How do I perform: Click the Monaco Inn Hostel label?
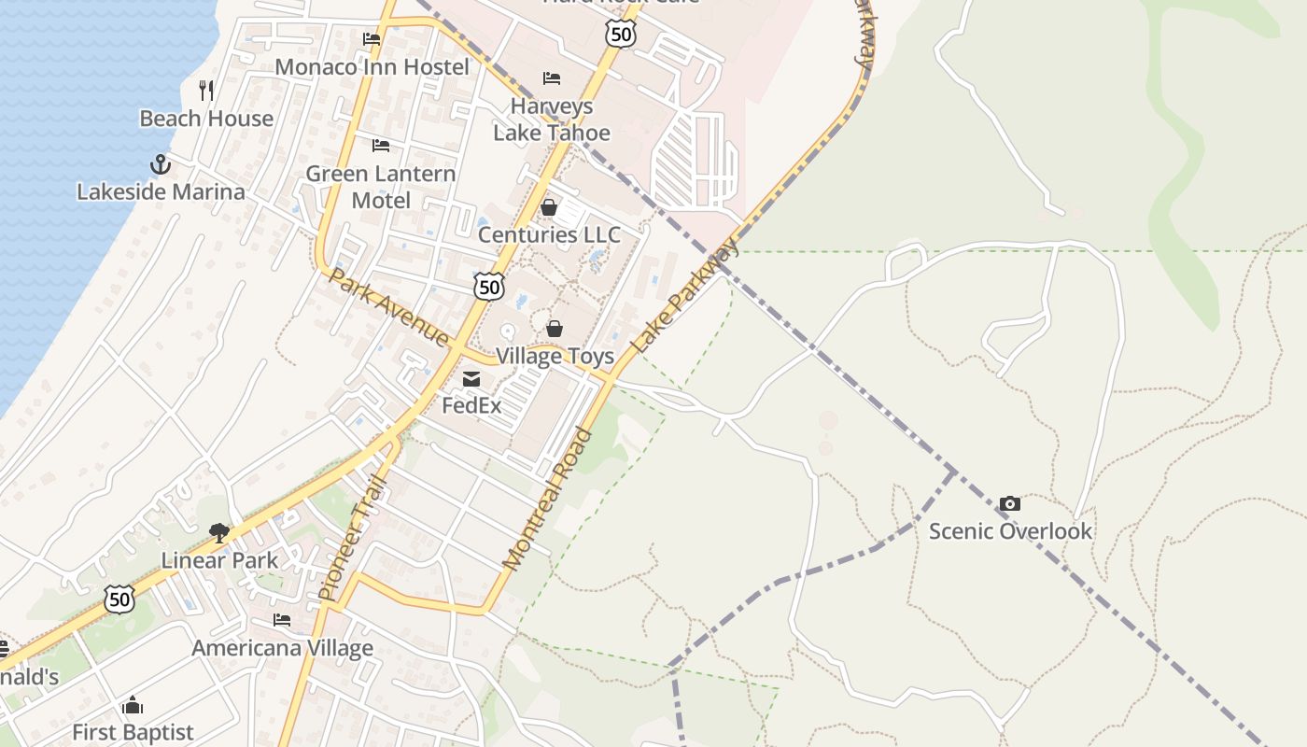pyautogui.click(x=372, y=67)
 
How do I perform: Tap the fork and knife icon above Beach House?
pyautogui.click(x=206, y=91)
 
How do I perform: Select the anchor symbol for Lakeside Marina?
pyautogui.click(x=161, y=165)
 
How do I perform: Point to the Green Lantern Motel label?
pyautogui.click(x=381, y=187)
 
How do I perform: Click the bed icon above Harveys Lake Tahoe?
pyautogui.click(x=552, y=78)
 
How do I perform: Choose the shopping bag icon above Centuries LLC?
pyautogui.click(x=549, y=207)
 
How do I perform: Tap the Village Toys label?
pyautogui.click(x=555, y=356)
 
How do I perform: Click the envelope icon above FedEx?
pyautogui.click(x=471, y=379)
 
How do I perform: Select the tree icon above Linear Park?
pyautogui.click(x=219, y=533)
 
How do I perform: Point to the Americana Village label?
pyautogui.click(x=282, y=648)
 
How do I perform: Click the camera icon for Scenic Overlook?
pyautogui.click(x=1009, y=504)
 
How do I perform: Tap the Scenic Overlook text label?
pyautogui.click(x=1010, y=531)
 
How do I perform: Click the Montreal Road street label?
pyautogui.click(x=548, y=499)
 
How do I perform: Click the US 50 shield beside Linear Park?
pyautogui.click(x=119, y=599)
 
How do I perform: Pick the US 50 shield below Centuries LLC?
pyautogui.click(x=489, y=287)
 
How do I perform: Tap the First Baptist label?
pyautogui.click(x=133, y=732)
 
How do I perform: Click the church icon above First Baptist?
pyautogui.click(x=133, y=705)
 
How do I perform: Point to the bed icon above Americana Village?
pyautogui.click(x=282, y=620)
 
